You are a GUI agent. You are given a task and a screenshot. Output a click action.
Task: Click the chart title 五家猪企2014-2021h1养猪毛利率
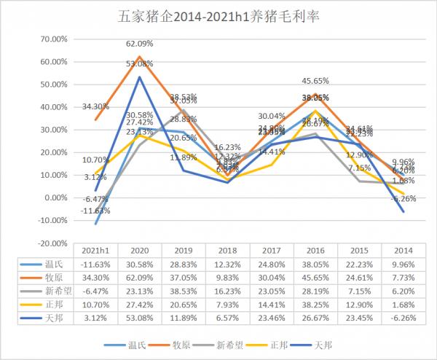coord(219,16)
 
